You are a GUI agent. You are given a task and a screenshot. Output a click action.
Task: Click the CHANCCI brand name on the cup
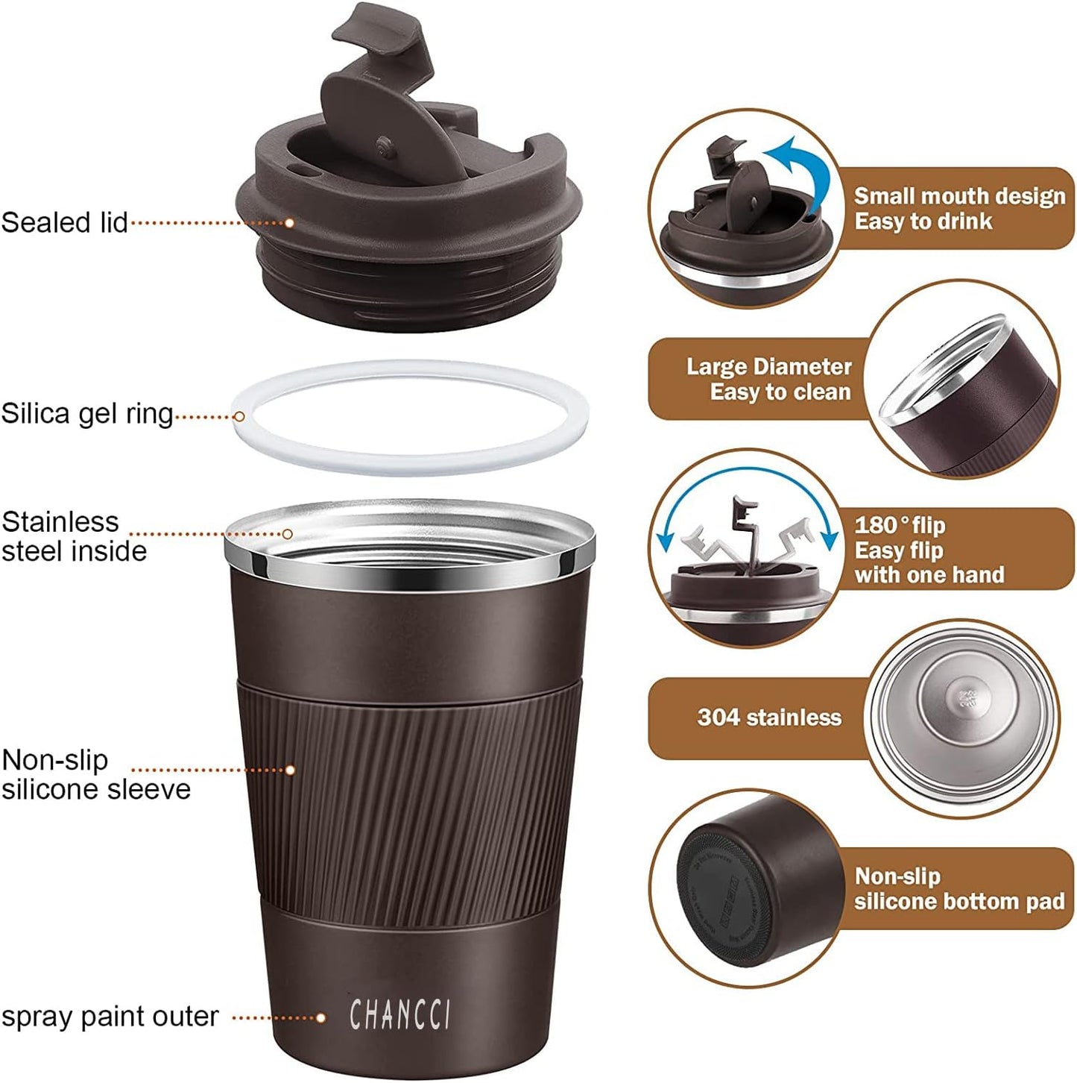pos(400,1015)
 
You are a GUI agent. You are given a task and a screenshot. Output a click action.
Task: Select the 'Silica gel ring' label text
pos(86,414)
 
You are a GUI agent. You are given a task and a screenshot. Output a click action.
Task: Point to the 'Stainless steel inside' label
pos(73,536)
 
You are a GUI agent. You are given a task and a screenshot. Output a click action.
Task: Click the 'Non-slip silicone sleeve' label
pos(95,774)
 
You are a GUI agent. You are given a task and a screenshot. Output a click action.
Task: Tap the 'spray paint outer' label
pos(110,1017)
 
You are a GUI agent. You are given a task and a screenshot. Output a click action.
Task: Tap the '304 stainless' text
pos(769,718)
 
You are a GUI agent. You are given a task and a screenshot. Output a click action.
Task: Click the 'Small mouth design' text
pos(959,196)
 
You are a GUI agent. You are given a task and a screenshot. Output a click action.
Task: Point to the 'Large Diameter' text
pos(768,367)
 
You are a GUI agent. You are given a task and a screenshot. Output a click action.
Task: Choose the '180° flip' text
pos(900,525)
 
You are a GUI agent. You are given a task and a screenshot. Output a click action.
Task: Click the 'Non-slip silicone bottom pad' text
pos(958,889)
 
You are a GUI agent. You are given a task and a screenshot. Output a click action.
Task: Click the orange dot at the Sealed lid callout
pos(289,223)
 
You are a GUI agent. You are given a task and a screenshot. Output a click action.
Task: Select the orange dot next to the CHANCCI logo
pos(321,1017)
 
